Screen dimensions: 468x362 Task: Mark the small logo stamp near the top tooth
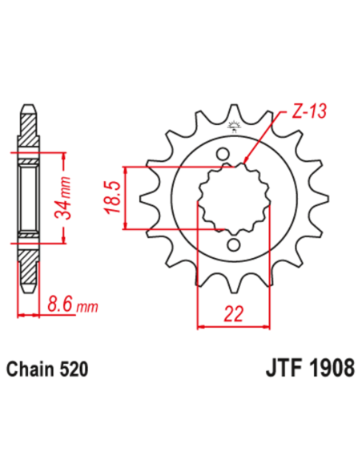point(235,126)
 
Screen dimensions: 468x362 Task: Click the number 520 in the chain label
point(72,370)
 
